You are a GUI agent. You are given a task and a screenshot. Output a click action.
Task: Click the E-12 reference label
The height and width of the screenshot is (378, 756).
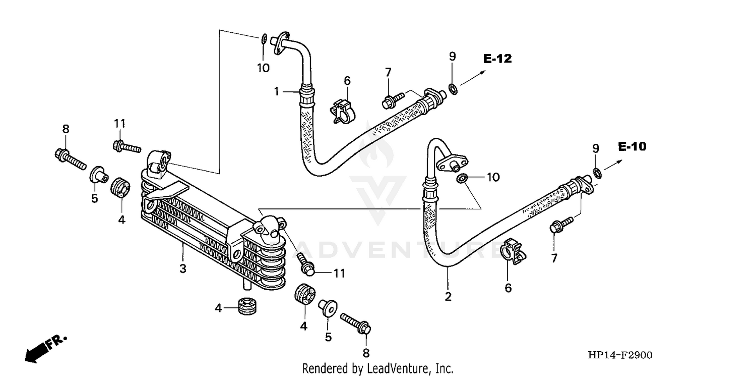(497, 59)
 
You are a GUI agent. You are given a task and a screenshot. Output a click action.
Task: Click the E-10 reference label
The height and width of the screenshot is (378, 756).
(632, 147)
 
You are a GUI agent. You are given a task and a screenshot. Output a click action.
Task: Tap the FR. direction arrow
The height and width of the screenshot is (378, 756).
(44, 347)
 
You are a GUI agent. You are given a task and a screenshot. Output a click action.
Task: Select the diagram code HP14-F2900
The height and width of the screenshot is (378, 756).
(619, 356)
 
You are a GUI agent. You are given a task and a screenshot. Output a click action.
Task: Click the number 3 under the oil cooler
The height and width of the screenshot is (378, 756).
(183, 268)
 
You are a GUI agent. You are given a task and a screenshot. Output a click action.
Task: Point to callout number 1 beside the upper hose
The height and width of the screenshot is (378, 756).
(277, 91)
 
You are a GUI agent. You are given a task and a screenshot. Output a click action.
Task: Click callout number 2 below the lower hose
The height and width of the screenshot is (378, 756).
(448, 297)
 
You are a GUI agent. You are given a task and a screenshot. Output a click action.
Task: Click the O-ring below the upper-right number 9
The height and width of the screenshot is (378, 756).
(453, 89)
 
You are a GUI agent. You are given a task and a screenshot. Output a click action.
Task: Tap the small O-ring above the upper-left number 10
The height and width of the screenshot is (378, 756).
(264, 38)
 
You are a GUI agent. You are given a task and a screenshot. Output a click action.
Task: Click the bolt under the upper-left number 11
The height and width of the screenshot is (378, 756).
(126, 146)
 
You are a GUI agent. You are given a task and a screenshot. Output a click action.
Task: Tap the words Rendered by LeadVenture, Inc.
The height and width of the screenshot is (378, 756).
(377, 368)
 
